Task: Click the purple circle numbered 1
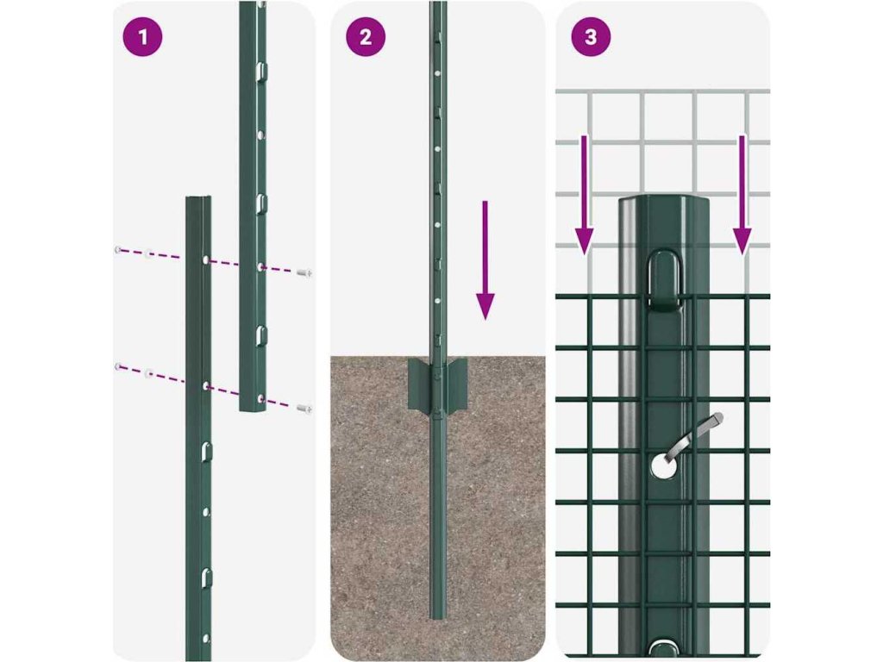tap(142, 37)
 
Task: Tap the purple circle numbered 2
tap(366, 37)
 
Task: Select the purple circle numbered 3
tap(591, 37)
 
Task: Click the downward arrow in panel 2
tap(485, 260)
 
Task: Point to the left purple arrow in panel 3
tap(585, 194)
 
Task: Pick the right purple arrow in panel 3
tap(742, 194)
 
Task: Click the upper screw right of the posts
tap(304, 273)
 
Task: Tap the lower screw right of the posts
tap(304, 409)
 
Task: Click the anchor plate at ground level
tap(438, 384)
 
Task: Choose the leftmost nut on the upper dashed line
tap(117, 250)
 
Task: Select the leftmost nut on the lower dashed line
tap(117, 367)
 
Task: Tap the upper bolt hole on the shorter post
tap(206, 260)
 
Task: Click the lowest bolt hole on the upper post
tap(260, 399)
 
